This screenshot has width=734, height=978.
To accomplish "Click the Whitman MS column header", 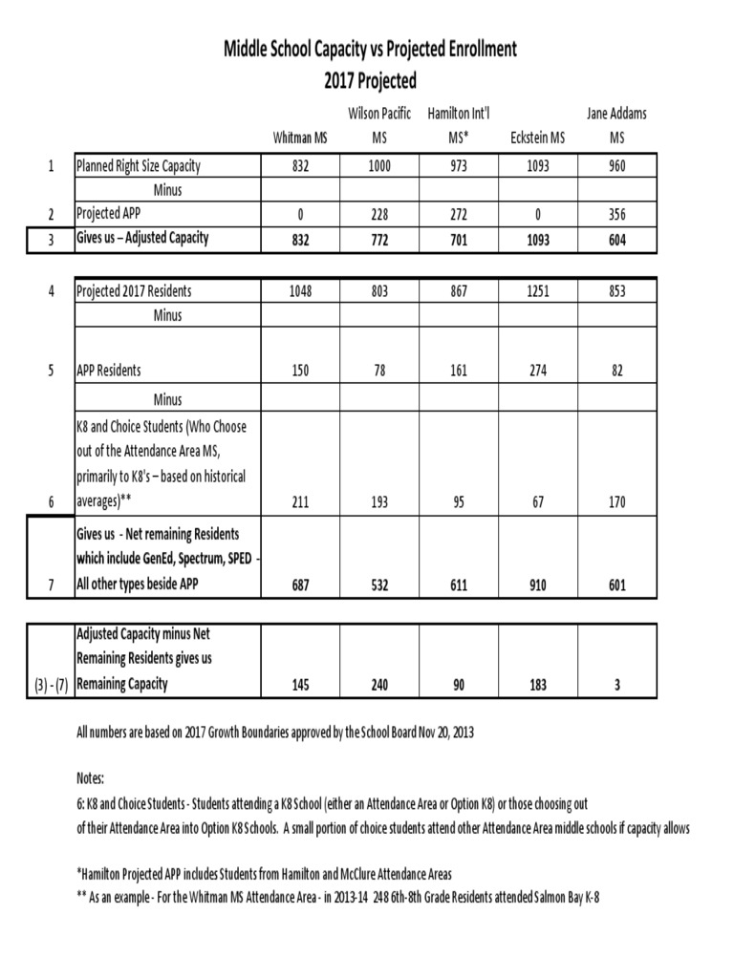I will pyautogui.click(x=300, y=138).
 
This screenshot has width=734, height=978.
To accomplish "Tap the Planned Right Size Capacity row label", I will pyautogui.click(x=138, y=166).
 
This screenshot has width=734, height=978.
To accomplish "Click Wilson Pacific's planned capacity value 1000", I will pyautogui.click(x=379, y=166).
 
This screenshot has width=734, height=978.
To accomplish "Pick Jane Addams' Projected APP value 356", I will pyautogui.click(x=616, y=214).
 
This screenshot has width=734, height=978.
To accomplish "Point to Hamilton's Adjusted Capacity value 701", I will pyautogui.click(x=459, y=241).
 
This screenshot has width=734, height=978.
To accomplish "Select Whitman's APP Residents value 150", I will pyautogui.click(x=300, y=370).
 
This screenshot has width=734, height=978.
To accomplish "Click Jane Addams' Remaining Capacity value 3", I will pyautogui.click(x=616, y=684).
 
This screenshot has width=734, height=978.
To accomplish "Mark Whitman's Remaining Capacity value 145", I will pyautogui.click(x=300, y=684).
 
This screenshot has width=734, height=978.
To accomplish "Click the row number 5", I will pyautogui.click(x=50, y=370).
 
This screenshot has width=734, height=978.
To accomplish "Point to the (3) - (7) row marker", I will pyautogui.click(x=48, y=684).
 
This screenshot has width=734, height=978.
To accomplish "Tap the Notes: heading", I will pyautogui.click(x=91, y=779).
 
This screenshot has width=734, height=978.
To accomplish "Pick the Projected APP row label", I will pyautogui.click(x=108, y=214).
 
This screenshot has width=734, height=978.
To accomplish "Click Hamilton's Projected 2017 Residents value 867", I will pyautogui.click(x=459, y=289).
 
